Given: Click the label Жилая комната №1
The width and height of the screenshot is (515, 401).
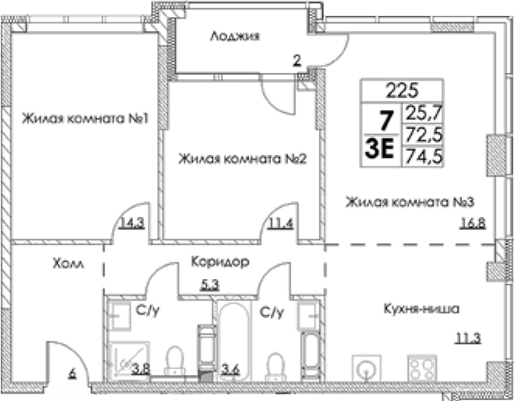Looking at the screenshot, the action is [85, 119].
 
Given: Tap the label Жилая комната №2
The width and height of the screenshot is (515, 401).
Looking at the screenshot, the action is [242, 159].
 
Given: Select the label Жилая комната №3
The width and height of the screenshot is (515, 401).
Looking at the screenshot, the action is [410, 202].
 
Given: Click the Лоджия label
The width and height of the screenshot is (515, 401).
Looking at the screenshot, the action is [235, 36].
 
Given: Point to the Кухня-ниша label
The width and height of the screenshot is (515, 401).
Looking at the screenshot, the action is [422, 309].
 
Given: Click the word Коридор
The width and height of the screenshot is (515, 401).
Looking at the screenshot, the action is [220, 261].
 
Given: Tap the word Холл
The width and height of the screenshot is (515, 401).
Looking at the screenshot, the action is [68, 263].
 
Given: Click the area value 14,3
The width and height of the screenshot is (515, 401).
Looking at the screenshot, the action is [132, 224].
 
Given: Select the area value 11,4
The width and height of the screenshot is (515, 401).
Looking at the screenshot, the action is [281, 224].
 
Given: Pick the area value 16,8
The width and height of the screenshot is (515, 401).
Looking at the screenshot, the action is [473, 224].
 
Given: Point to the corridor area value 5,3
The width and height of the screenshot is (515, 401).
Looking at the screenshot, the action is [210, 285].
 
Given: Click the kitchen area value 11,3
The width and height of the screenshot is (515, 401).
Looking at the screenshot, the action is [468, 338].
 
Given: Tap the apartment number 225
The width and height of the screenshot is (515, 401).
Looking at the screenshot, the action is [402, 90].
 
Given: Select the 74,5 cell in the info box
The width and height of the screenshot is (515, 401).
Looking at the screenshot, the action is [423, 156].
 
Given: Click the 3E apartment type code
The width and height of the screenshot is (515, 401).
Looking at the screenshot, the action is [380, 148].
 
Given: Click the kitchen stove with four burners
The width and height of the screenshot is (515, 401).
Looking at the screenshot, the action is [422, 368].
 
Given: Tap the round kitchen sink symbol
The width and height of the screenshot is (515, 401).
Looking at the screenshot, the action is [367, 368].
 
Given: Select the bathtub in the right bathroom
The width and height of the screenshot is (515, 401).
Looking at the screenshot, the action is [234, 341].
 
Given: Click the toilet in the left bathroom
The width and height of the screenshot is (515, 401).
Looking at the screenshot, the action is [175, 361].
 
